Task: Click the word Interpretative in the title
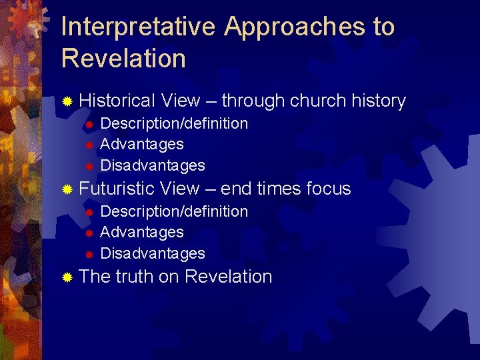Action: (138, 28)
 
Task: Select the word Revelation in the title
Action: (123, 59)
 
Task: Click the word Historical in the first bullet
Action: (117, 101)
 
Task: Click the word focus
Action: (328, 189)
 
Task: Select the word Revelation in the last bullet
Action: (228, 277)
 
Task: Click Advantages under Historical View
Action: (141, 144)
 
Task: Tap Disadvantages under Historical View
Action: (152, 165)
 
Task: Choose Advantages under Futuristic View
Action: (141, 232)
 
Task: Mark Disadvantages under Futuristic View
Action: (152, 253)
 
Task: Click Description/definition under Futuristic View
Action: (173, 211)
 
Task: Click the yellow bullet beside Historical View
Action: (67, 102)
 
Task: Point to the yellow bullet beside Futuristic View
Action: (67, 189)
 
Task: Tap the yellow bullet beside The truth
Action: (67, 277)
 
